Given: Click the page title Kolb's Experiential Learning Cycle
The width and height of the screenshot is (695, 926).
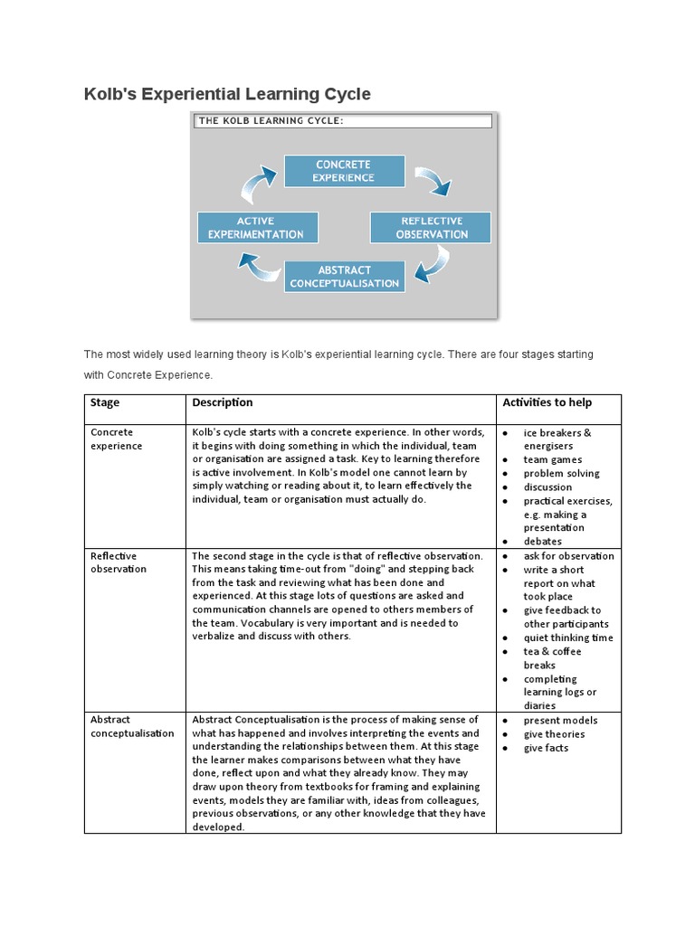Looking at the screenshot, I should (x=227, y=94).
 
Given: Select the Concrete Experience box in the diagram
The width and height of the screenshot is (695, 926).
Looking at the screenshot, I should (x=343, y=171).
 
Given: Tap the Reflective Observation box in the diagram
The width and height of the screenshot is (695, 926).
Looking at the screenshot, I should (x=431, y=227).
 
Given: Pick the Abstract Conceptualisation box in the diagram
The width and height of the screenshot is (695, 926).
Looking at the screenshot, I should (x=345, y=276).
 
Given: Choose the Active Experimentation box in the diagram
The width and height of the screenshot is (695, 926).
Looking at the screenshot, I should (x=257, y=227).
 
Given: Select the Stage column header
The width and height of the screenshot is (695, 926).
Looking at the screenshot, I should (x=105, y=402).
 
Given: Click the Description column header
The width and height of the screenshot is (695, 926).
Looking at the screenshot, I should (x=223, y=402).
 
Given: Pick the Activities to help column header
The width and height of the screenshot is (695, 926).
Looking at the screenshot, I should (x=547, y=402).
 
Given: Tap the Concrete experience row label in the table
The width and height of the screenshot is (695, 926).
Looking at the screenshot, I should (x=117, y=439).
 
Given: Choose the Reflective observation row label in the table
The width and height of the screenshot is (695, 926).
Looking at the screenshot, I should (x=117, y=562).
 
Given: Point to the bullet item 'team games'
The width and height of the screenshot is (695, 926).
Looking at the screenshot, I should (x=552, y=459).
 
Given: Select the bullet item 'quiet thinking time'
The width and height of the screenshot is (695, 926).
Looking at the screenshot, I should (x=567, y=638).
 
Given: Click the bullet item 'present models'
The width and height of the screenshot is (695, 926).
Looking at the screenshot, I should (x=560, y=720).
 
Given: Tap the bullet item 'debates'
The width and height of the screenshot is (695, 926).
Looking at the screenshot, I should (x=542, y=541).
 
